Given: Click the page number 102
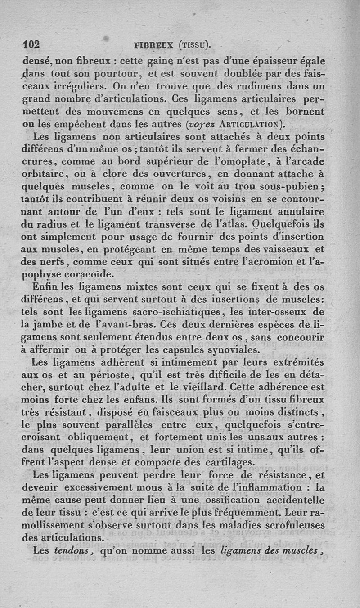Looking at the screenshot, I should tap(31, 45).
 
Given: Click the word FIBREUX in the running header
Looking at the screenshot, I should tap(155, 45).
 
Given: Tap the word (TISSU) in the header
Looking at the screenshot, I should tap(194, 45).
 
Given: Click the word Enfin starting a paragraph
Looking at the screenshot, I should tap(45, 286).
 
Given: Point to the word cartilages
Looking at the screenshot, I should tap(233, 462).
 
